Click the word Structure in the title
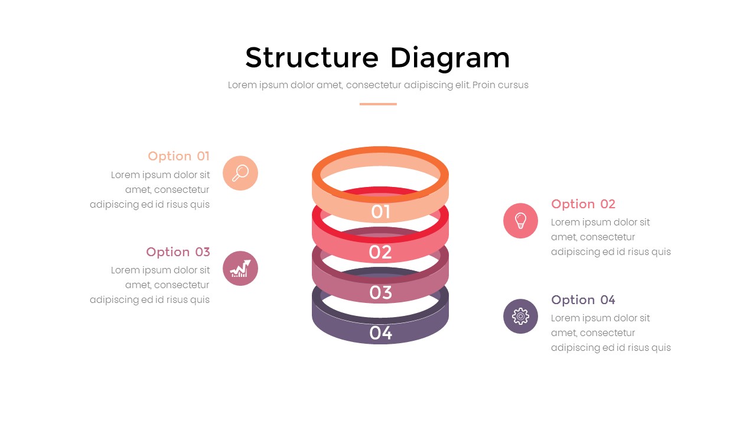point(311,58)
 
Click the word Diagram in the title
point(449,59)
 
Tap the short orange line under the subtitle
point(378,104)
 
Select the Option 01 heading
point(178,156)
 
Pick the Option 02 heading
point(583,204)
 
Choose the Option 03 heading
point(178,252)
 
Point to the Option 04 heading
point(583,300)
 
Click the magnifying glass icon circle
point(240,173)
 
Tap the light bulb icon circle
point(520,221)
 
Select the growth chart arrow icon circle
point(240,269)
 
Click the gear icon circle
point(520,316)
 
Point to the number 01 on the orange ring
point(380,212)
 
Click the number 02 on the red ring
point(380,253)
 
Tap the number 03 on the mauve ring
point(380,292)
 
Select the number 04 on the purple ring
point(380,333)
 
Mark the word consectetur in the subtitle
point(373,85)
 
